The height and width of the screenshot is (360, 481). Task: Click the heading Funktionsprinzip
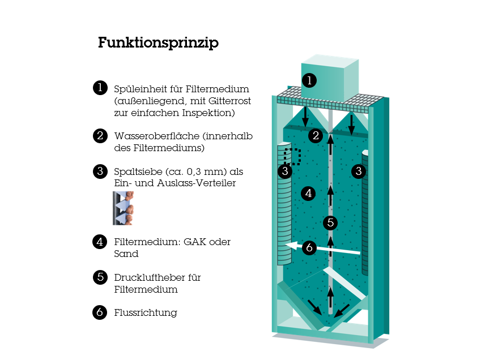(x=158, y=43)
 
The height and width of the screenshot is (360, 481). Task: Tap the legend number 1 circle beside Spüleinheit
(x=100, y=88)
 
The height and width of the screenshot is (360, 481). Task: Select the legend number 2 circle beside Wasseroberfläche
(x=100, y=136)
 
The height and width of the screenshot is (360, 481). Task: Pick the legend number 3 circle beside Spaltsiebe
(x=100, y=172)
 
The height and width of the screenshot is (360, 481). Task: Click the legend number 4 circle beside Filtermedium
(x=100, y=242)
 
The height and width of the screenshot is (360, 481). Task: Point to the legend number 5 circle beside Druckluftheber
(x=100, y=277)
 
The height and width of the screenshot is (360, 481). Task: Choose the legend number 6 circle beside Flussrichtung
(x=100, y=312)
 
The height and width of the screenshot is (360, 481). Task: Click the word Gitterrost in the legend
(x=229, y=101)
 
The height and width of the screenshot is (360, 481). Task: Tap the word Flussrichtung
(x=146, y=313)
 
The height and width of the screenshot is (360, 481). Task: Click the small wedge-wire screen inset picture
(x=124, y=208)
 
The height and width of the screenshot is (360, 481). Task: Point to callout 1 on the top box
(x=309, y=80)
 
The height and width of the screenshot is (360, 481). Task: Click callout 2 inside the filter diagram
(x=316, y=135)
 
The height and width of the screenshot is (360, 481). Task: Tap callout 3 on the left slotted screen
(x=285, y=171)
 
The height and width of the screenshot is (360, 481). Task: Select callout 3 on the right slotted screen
(x=359, y=171)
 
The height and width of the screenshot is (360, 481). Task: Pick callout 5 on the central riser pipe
(x=330, y=222)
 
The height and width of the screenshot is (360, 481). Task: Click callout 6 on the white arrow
(x=309, y=247)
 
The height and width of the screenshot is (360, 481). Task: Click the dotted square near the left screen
(x=292, y=157)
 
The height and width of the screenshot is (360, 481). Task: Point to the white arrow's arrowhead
(x=291, y=245)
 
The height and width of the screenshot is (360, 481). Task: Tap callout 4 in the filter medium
(x=308, y=194)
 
